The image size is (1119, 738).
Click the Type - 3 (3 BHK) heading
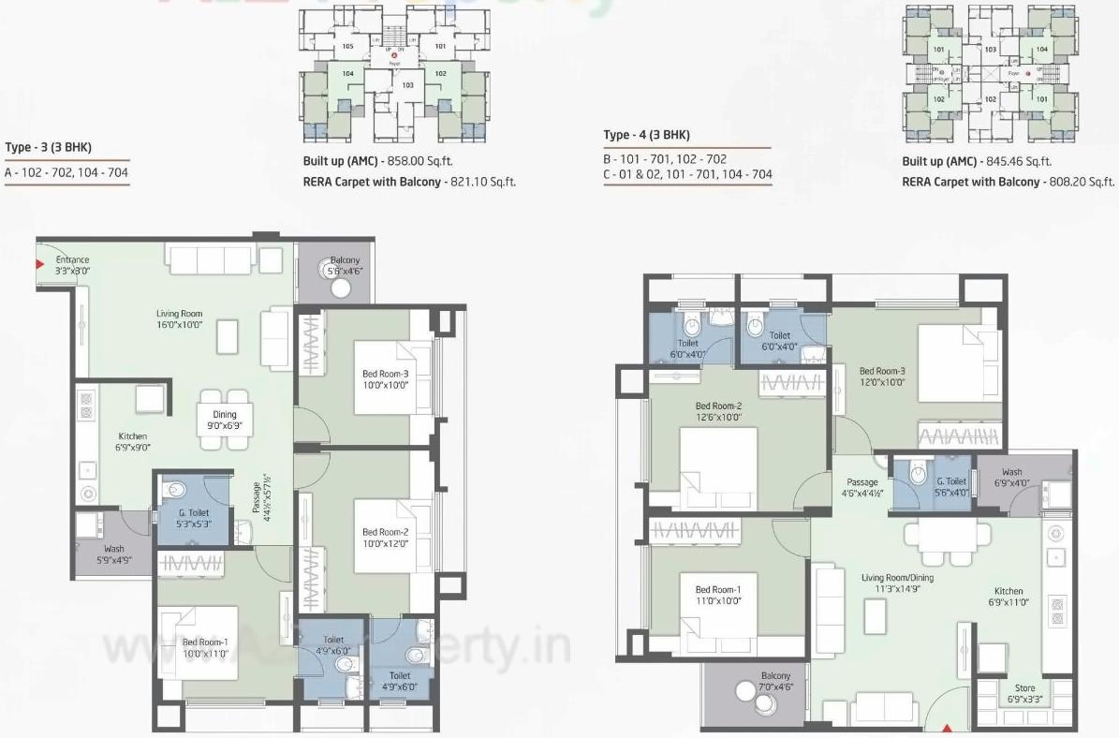click(49, 147)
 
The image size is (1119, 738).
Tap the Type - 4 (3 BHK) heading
click(646, 135)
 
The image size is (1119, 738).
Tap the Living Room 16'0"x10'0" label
click(179, 319)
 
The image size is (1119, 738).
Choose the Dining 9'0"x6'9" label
click(225, 420)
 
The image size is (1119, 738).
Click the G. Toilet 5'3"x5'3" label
click(194, 519)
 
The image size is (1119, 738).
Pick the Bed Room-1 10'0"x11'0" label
click(205, 648)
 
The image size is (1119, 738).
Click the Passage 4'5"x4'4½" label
click(862, 488)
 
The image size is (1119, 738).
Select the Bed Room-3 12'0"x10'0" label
click(882, 376)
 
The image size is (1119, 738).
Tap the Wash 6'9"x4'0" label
click(1012, 478)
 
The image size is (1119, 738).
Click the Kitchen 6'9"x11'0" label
click(1009, 598)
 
